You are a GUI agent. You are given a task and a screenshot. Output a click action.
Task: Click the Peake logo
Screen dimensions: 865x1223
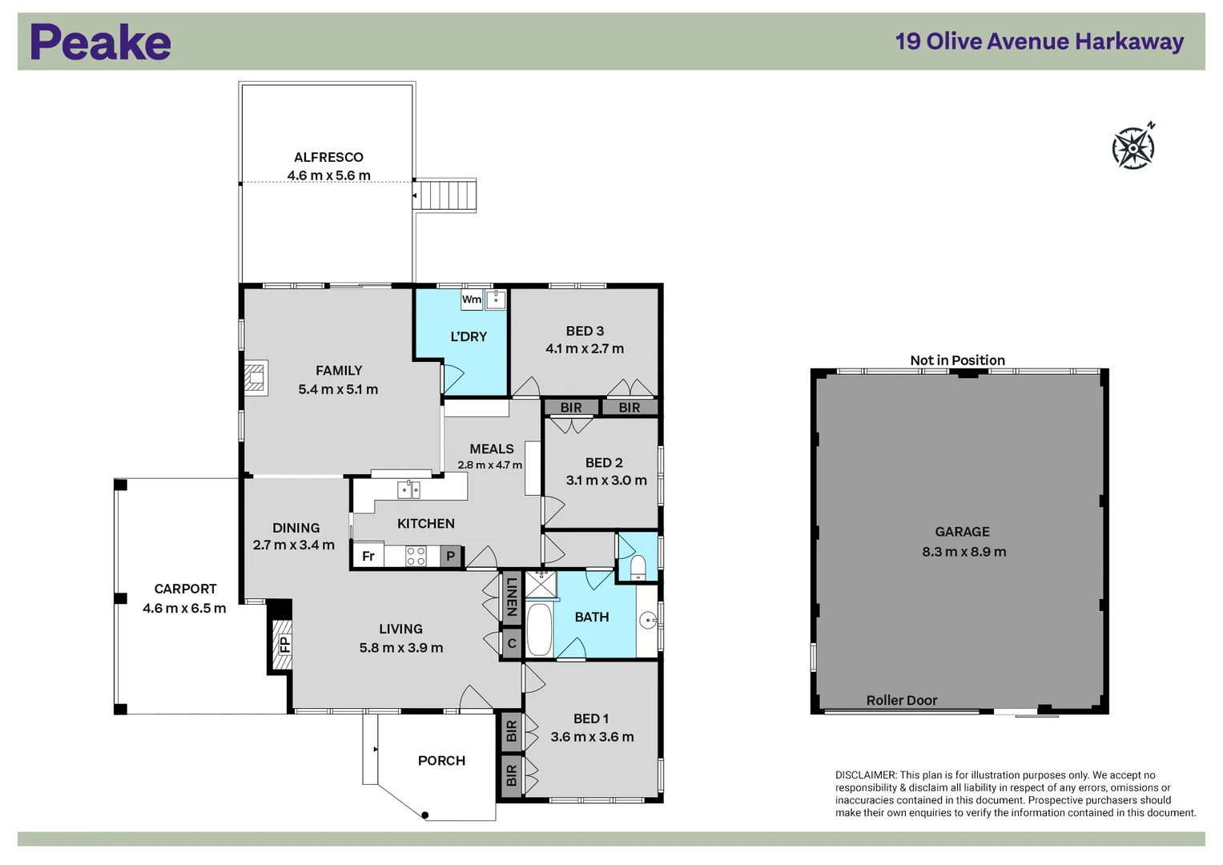(x=100, y=42)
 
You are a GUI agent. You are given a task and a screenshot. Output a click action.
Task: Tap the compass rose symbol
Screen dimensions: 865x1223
(x=1132, y=148)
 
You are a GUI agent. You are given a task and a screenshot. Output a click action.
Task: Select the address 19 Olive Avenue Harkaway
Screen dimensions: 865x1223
(x=1039, y=42)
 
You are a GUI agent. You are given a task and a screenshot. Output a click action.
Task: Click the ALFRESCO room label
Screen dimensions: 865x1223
(x=328, y=158)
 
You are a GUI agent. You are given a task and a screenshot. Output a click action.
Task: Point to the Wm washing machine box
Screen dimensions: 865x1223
(x=472, y=300)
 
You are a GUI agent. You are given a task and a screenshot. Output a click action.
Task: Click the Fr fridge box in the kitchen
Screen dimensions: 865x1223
(x=368, y=556)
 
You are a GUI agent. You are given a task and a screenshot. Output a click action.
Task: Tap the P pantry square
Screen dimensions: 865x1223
(x=451, y=556)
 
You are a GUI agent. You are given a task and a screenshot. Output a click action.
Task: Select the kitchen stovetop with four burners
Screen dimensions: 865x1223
(x=416, y=556)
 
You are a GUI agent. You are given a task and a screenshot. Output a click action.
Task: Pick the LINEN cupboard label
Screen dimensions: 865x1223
(x=512, y=597)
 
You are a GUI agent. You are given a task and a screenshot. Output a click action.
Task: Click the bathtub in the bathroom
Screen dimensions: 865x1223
(x=539, y=629)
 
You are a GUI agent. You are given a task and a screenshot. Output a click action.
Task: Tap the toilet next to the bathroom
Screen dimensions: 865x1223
(x=638, y=566)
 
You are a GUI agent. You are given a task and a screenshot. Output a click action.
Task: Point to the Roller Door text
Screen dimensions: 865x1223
(x=901, y=700)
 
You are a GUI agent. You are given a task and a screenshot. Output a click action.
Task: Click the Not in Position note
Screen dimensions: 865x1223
(x=957, y=360)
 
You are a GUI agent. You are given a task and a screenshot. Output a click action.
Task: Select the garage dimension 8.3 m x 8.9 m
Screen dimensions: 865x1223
(x=964, y=552)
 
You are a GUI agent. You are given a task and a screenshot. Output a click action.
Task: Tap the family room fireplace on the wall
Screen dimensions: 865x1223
(x=255, y=378)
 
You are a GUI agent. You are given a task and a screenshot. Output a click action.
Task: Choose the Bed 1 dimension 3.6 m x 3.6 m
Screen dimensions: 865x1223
(x=592, y=737)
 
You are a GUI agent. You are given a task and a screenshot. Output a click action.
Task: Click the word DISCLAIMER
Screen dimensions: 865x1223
(x=865, y=775)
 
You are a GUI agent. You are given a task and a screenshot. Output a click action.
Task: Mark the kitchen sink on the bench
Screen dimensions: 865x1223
(x=409, y=489)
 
